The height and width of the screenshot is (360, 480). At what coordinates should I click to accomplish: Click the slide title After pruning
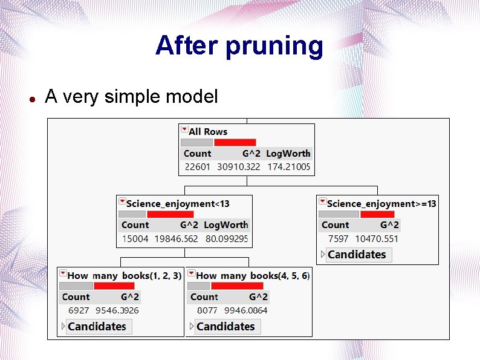tap(239, 46)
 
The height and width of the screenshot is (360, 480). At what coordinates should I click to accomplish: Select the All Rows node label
tap(208, 131)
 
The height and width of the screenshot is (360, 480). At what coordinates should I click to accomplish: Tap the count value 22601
tap(197, 167)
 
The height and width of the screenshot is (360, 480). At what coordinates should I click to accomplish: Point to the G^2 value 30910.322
tap(239, 167)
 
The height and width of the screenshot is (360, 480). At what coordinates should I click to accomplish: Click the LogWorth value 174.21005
tap(288, 167)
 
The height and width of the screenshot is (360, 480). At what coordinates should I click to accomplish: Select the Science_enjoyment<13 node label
tap(178, 204)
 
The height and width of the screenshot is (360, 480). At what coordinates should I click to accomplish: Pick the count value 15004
tap(135, 239)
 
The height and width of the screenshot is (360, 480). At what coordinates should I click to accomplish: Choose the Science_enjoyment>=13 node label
tap(381, 204)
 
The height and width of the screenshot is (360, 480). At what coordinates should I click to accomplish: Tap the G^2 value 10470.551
tap(377, 239)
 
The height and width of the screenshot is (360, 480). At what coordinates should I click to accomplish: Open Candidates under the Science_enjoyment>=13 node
tap(356, 255)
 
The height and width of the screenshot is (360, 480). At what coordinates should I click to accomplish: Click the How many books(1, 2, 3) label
tap(125, 276)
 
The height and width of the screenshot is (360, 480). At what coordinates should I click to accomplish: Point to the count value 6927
tap(79, 310)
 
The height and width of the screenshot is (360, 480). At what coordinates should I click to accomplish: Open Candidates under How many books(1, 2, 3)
tap(97, 327)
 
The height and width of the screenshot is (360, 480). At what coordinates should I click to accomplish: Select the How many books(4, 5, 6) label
tap(253, 276)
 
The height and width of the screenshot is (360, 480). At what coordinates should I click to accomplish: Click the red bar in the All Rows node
tap(235, 143)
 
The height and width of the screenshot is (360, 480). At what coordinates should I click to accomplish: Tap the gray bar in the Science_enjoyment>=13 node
tap(339, 214)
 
